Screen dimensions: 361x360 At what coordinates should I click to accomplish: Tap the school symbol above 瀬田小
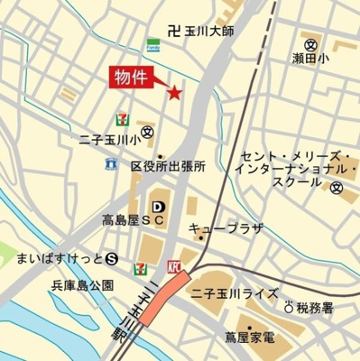click(x=311, y=44)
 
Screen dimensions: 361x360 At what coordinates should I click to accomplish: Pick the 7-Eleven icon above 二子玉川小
click(x=121, y=119)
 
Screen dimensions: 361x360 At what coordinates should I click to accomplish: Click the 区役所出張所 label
click(x=169, y=166)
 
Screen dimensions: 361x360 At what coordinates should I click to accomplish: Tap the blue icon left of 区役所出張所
click(x=110, y=164)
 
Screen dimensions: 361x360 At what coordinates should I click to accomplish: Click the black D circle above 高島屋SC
click(x=158, y=205)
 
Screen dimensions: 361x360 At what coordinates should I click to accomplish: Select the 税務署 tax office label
click(x=314, y=307)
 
